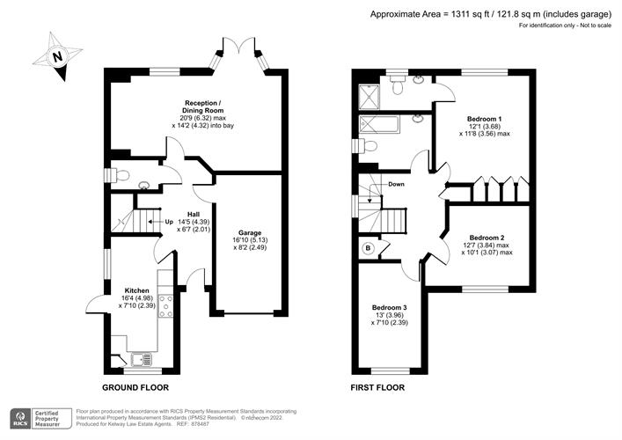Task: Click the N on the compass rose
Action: [58, 56]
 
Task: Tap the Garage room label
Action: [250, 233]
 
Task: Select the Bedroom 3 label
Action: [389, 307]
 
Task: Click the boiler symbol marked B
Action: [369, 248]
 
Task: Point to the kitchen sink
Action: [142, 359]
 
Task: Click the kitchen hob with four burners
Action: [165, 306]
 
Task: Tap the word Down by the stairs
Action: [396, 184]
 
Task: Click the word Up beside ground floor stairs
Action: [169, 222]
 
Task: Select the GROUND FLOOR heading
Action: [135, 387]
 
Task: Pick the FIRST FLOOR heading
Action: [377, 387]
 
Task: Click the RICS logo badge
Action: [20, 419]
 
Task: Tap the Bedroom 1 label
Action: [485, 119]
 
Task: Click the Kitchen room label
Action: [137, 290]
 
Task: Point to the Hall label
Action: [194, 215]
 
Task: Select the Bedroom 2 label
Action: [487, 238]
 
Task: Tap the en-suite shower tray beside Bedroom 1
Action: [369, 97]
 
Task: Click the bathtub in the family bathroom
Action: [380, 125]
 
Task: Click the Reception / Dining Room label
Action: [202, 106]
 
